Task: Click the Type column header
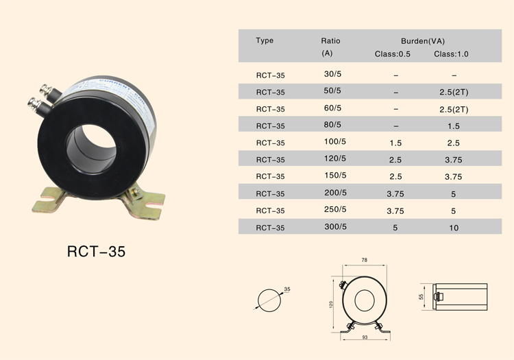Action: (x=265, y=40)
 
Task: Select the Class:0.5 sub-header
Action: (x=393, y=54)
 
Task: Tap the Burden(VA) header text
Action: (x=423, y=41)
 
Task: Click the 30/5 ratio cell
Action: (x=332, y=74)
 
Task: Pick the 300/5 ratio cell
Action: (x=335, y=227)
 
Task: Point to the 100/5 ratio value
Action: (x=335, y=142)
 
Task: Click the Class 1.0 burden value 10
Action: (x=454, y=228)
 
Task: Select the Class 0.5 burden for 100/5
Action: (x=395, y=143)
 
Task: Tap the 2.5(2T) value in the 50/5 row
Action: (x=454, y=93)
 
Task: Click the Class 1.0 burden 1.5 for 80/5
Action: (x=454, y=126)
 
